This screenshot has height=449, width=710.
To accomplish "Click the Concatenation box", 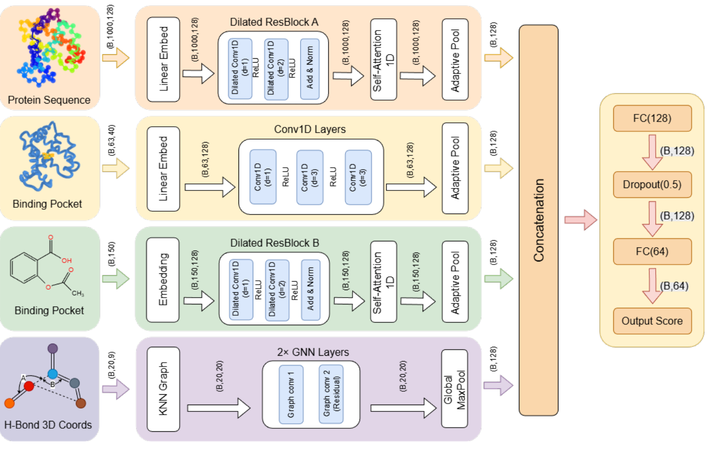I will tap(538, 220).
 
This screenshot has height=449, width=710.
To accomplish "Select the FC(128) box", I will tap(652, 118).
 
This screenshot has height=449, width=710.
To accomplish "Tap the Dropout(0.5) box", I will tap(652, 185).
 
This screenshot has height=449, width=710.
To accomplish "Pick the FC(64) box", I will tap(652, 252).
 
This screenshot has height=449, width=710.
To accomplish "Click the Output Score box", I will tap(652, 321).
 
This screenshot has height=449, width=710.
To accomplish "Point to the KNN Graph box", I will tap(163, 389).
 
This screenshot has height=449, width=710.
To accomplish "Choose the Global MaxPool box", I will tap(454, 389).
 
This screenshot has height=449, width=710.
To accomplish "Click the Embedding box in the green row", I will tap(163, 280).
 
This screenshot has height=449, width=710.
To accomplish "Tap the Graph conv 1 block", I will tap(291, 394).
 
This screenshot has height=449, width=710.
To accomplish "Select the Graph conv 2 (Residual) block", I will tap(331, 394).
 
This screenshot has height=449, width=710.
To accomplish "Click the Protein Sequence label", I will tap(49, 100).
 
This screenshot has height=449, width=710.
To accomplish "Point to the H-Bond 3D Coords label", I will tap(48, 425).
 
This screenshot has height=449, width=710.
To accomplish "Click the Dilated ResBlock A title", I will tap(274, 22).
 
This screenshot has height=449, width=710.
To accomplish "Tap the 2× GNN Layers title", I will tap(313, 352).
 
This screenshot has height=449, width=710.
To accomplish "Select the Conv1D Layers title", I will tap(310, 129).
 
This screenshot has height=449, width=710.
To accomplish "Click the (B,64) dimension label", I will tap(674, 286).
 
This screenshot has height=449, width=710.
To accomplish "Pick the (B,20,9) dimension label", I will tap(112, 365).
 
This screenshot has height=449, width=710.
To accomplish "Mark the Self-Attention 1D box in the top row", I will tap(384, 60).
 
